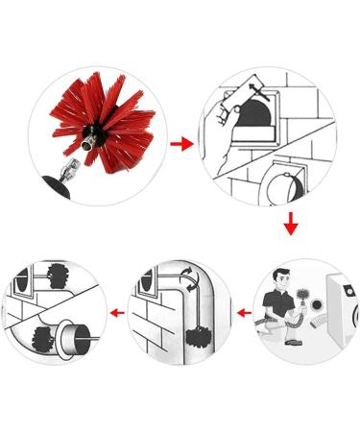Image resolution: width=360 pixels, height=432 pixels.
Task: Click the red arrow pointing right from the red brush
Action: click(x=179, y=144)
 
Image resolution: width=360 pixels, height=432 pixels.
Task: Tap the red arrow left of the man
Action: click(x=245, y=312)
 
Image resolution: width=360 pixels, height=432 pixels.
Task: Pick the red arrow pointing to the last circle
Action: click(x=116, y=312)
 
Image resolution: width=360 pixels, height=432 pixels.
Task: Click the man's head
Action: click(x=279, y=279)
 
